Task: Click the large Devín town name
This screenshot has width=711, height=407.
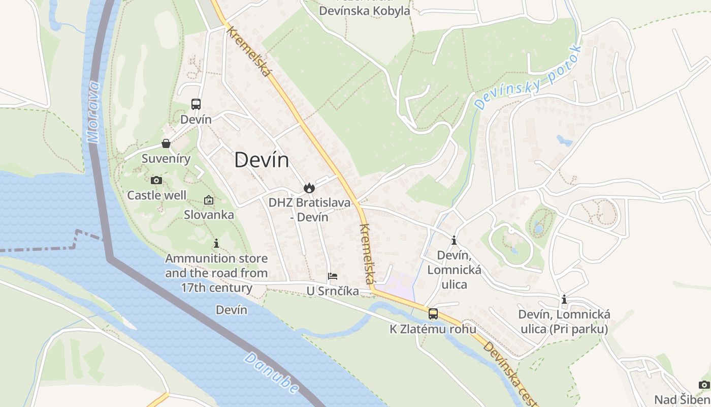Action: tap(262, 160)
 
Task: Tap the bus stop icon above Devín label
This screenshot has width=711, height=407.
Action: tap(196, 104)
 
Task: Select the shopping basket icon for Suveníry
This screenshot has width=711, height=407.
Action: tap(166, 143)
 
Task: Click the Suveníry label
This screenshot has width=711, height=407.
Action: tap(166, 159)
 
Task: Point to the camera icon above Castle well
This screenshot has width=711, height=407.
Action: tap(156, 180)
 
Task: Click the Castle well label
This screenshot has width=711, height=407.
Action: tap(156, 195)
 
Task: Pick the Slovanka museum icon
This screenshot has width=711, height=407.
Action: tap(209, 200)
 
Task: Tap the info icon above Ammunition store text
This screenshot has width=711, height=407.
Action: tap(216, 244)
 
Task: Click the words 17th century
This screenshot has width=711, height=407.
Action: tap(216, 288)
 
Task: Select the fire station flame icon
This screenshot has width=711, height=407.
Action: tap(309, 188)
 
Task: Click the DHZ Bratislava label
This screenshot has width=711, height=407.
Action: tap(309, 203)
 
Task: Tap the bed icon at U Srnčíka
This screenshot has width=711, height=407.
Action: tap(333, 276)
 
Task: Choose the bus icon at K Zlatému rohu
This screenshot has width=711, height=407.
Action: tap(433, 314)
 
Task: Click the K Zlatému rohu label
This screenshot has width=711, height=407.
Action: tap(433, 329)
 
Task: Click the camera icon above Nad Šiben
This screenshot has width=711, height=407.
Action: tap(704, 385)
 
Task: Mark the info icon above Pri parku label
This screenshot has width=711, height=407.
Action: tap(564, 300)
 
